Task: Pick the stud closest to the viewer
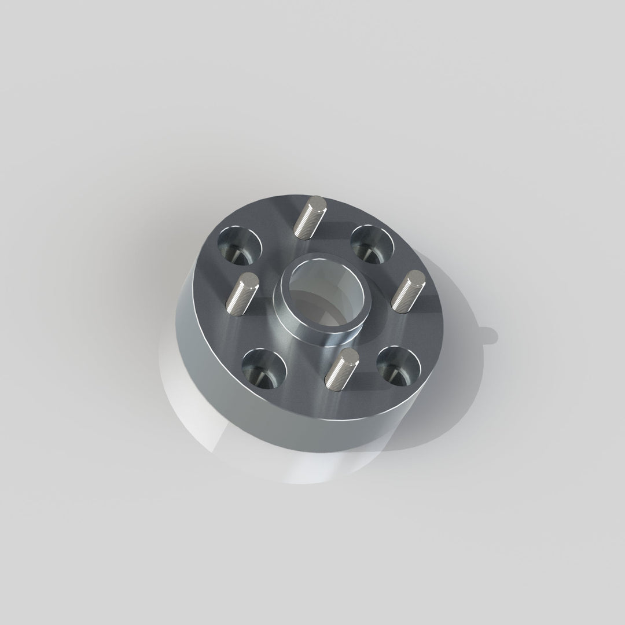click(x=340, y=369)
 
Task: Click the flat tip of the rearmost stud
click(x=318, y=203)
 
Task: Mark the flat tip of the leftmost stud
click(x=250, y=281)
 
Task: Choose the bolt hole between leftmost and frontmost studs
click(x=263, y=368)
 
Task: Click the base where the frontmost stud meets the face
click(x=332, y=383)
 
